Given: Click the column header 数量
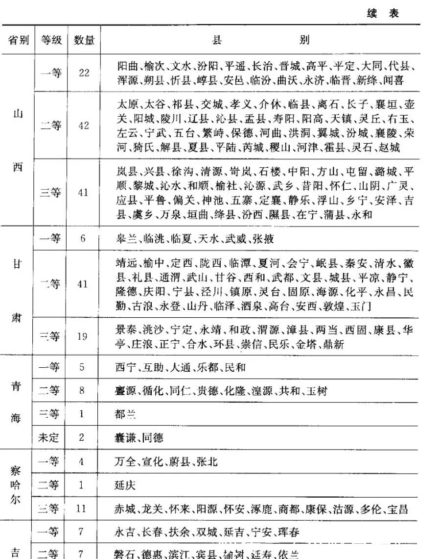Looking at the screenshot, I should [84, 40].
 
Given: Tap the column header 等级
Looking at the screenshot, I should [51, 40].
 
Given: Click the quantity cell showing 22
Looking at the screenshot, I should [84, 73].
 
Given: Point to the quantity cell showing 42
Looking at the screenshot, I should [84, 126].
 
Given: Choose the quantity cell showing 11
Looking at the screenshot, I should [81, 509].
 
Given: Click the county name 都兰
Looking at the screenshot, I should [125, 414].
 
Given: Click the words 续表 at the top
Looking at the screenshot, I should [383, 13].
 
